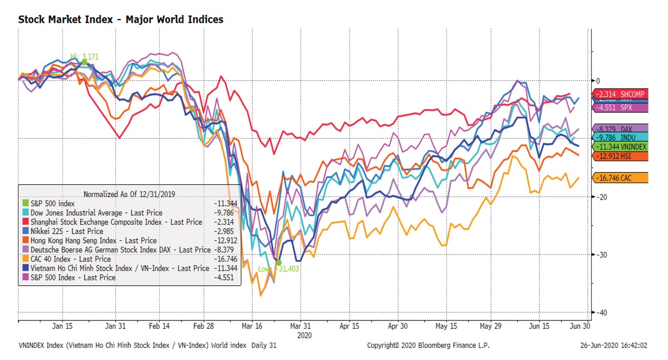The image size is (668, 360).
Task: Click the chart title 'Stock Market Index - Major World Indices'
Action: coord(121,19)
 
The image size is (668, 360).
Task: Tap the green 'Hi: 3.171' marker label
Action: coord(83,56)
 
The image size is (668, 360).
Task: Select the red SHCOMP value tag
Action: coord(618,94)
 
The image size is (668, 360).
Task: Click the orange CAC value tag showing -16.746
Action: coord(618,178)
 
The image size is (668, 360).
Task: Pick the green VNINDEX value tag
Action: coord(618,146)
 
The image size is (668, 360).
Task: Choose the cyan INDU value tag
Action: coord(618,137)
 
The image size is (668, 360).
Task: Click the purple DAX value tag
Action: coord(618,129)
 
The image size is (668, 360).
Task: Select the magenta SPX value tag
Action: coord(618,107)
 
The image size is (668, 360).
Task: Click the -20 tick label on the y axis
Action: coord(600,197)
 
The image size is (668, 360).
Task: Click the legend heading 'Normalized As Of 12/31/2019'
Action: coord(130,194)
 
